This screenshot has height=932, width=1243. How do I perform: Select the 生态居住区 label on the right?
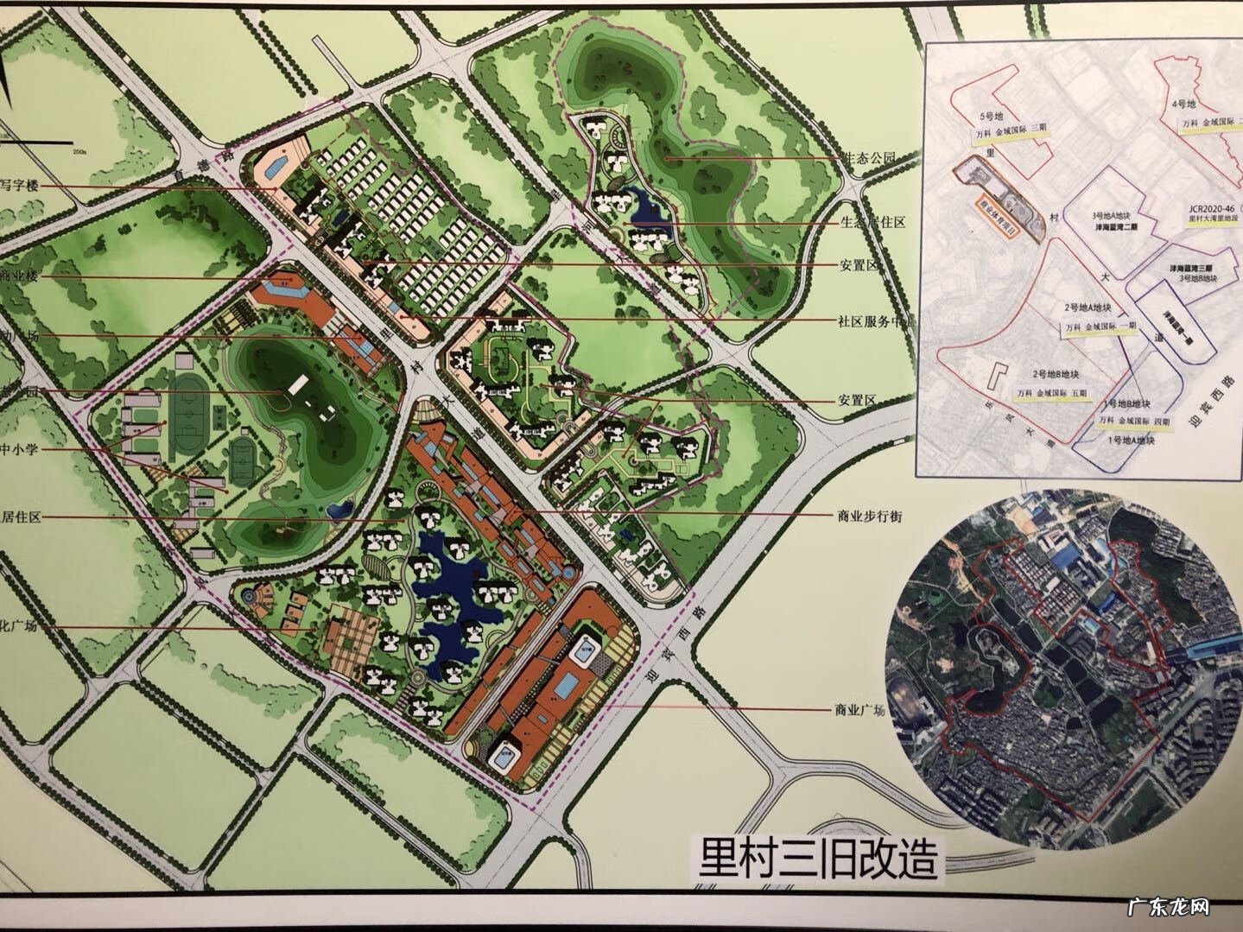pyautogui.click(x=872, y=223)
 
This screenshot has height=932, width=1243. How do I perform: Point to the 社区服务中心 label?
pyautogui.click(x=873, y=320)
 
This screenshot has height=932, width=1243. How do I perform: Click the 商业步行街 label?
pyautogui.click(x=869, y=516)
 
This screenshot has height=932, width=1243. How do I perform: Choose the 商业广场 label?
pyautogui.click(x=859, y=710)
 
